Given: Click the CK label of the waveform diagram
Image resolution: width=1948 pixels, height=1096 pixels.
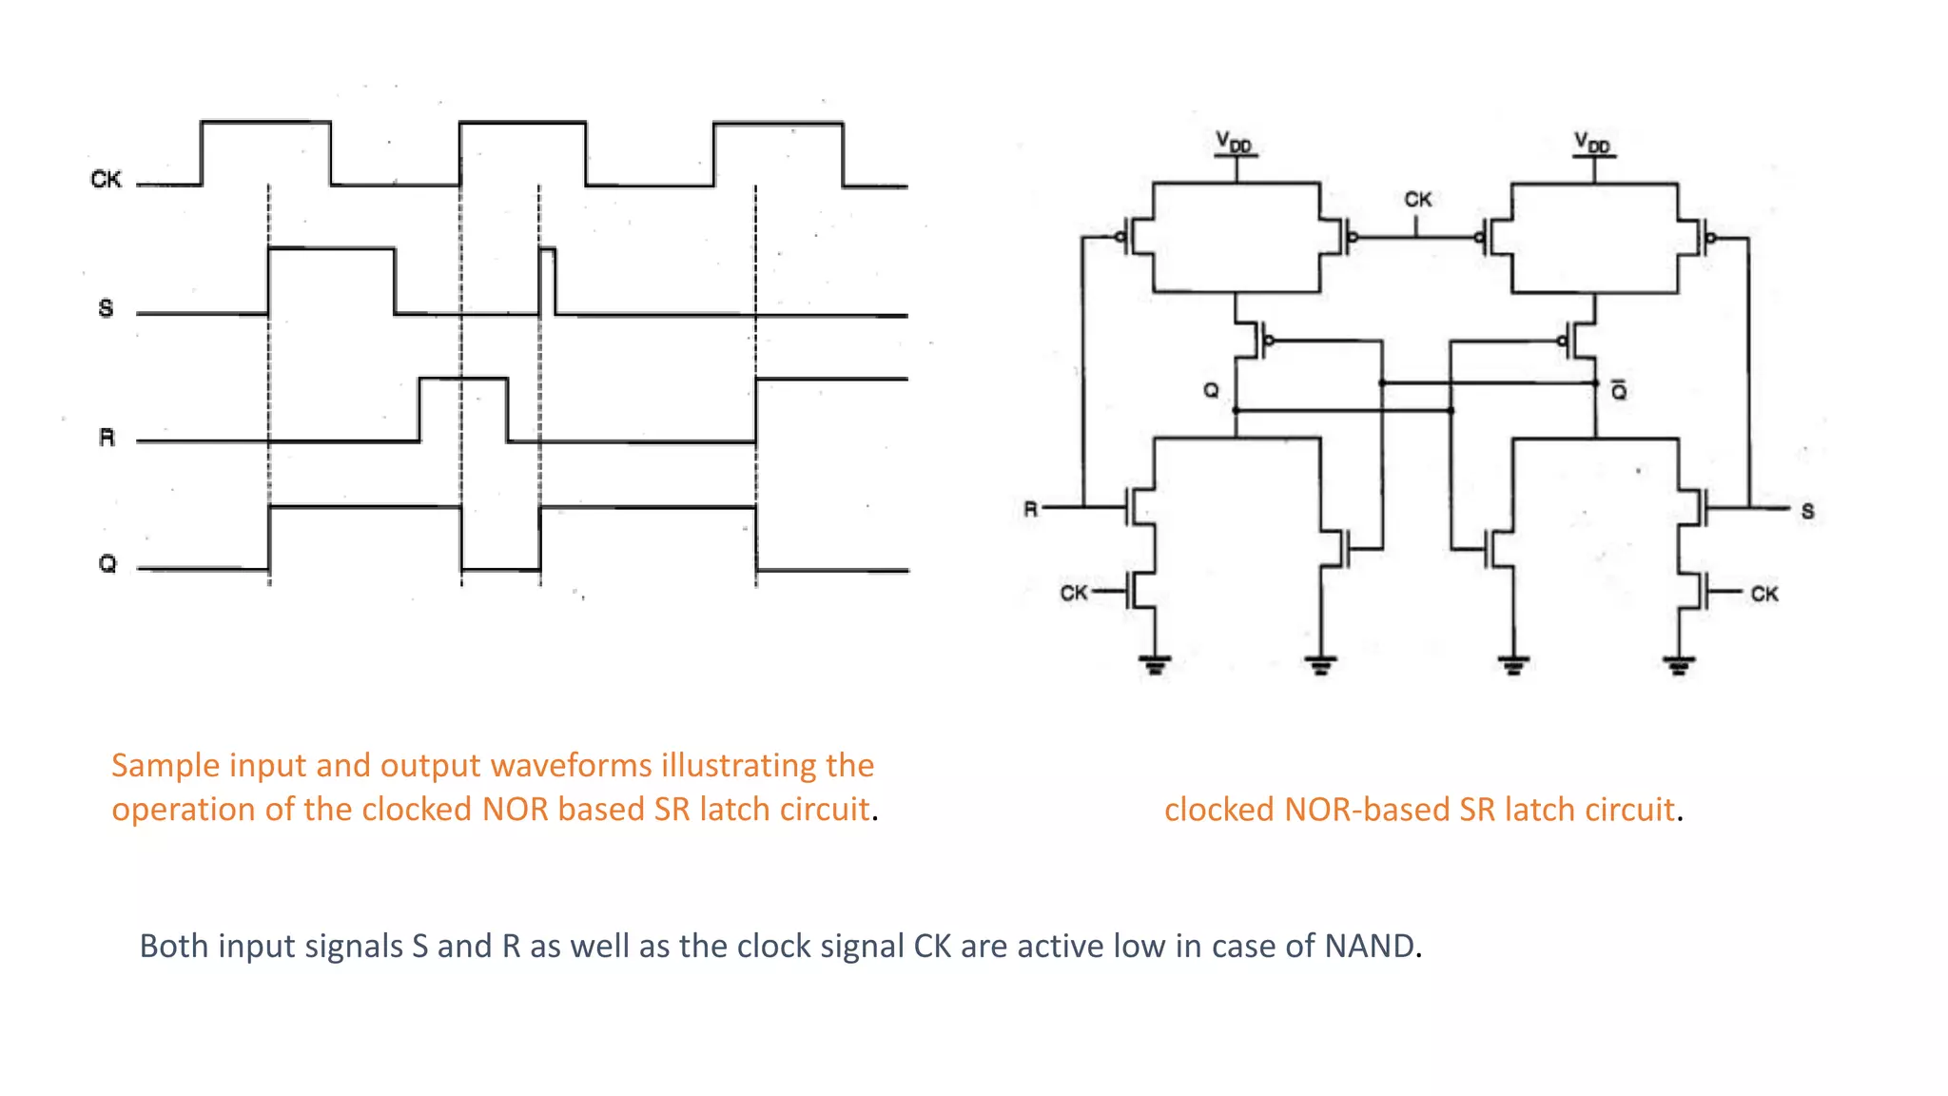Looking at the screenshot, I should pyautogui.click(x=106, y=179).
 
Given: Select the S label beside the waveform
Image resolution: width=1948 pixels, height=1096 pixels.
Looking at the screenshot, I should pyautogui.click(x=106, y=308).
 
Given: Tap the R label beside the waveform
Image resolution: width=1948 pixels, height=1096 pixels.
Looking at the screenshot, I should pyautogui.click(x=107, y=438).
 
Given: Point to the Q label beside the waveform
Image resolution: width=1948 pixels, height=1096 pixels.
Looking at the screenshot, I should pyautogui.click(x=107, y=564).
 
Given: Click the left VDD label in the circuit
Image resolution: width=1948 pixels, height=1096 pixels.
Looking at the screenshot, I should pyautogui.click(x=1234, y=143).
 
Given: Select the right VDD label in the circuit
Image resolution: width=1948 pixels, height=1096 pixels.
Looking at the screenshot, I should pyautogui.click(x=1591, y=143).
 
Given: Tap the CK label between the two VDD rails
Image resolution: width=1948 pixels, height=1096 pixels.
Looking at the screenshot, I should pyautogui.click(x=1417, y=200).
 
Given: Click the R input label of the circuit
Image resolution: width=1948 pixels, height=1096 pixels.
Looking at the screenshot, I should pyautogui.click(x=1030, y=509).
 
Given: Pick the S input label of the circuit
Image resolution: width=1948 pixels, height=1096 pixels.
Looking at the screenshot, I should pyautogui.click(x=1807, y=511).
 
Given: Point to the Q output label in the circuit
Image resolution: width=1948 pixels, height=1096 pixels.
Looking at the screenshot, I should pyautogui.click(x=1211, y=390).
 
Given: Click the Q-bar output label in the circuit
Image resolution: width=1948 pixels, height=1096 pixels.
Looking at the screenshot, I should pyautogui.click(x=1618, y=390).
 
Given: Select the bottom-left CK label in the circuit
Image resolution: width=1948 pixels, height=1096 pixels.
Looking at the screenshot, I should pyautogui.click(x=1074, y=593).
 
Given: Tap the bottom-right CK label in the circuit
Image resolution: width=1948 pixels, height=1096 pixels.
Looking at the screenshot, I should pyautogui.click(x=1763, y=594).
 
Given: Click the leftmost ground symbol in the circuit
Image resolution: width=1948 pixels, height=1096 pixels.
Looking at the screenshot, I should pyautogui.click(x=1155, y=663).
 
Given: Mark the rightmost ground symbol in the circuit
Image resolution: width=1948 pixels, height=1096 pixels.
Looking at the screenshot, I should pyautogui.click(x=1679, y=664).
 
